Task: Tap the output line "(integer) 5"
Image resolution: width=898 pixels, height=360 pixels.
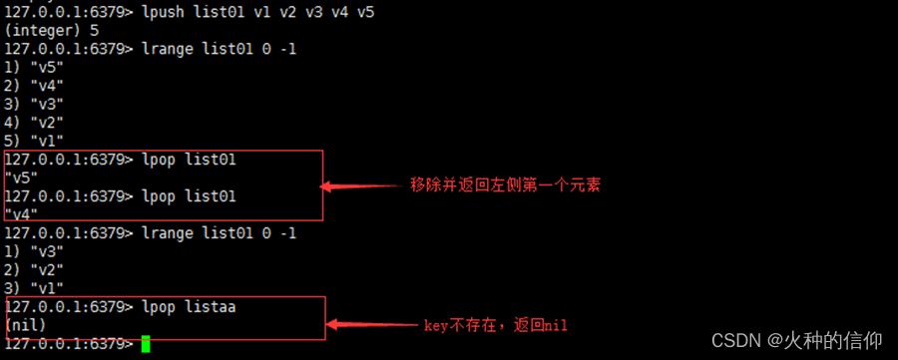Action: (51, 30)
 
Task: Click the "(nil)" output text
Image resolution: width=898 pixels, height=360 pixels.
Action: (27, 325)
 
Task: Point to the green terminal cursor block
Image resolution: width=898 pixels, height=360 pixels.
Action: (146, 344)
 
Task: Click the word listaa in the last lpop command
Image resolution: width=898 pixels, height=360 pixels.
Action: (212, 307)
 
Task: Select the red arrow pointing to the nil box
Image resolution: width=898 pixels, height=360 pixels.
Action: (374, 325)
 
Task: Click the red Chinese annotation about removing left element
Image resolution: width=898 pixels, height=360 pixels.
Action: (505, 185)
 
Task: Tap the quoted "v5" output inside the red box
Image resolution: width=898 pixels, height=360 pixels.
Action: (22, 178)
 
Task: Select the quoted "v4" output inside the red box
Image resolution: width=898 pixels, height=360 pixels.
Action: (22, 214)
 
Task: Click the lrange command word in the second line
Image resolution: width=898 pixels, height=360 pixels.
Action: (166, 48)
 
